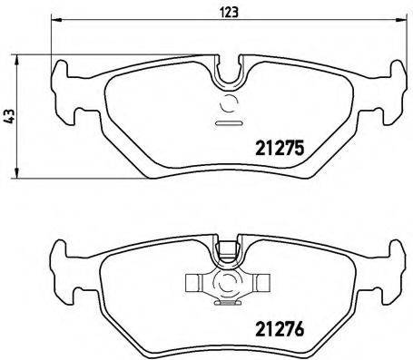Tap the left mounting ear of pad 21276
coord(66,273)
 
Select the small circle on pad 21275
coord(227,103)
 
